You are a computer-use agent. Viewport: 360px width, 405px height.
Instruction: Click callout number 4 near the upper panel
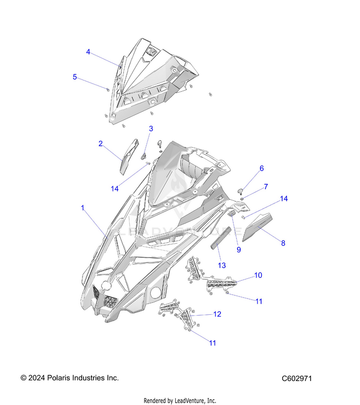click(88, 52)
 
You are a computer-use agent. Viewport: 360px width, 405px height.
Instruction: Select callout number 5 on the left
click(75, 77)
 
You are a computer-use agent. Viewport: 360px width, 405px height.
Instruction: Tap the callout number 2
click(100, 143)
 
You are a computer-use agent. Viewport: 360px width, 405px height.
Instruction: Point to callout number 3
click(151, 129)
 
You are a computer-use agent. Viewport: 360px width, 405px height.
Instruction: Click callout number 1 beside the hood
click(83, 208)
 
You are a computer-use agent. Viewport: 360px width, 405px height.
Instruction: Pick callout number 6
click(262, 168)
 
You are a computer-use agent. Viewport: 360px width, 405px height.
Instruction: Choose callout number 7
click(265, 187)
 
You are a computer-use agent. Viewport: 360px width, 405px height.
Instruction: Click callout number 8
click(283, 243)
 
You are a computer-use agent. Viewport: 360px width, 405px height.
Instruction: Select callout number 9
click(239, 250)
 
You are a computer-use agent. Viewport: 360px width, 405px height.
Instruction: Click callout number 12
click(217, 314)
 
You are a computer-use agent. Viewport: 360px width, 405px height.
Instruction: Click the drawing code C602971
click(297, 379)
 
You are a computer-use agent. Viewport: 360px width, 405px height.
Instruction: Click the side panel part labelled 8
click(257, 227)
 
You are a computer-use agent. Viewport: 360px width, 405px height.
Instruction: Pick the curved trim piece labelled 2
click(129, 156)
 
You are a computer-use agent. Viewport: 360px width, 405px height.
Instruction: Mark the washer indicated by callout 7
click(242, 199)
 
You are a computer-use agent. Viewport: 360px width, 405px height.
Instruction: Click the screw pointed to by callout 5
click(108, 90)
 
